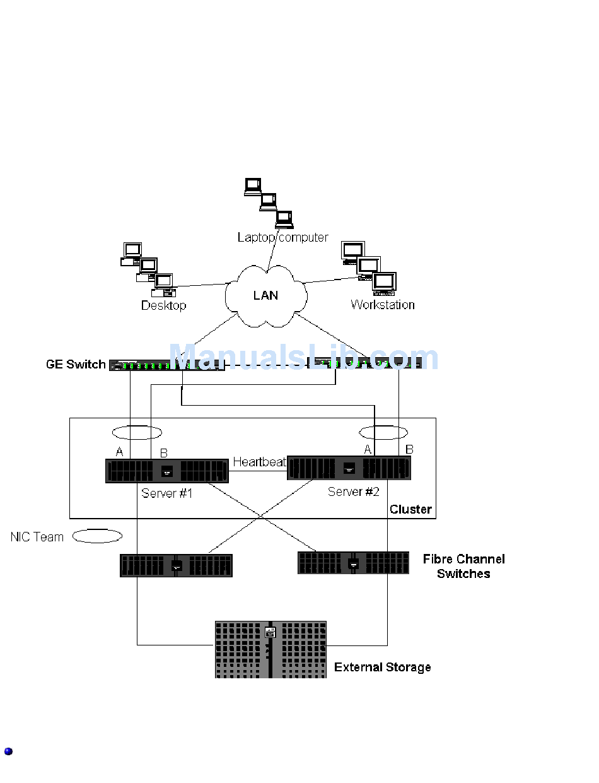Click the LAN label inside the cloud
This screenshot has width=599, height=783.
click(x=265, y=295)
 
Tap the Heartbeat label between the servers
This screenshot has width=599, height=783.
click(x=259, y=462)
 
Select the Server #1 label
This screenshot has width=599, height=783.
click(x=166, y=493)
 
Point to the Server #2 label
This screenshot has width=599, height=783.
click(x=353, y=492)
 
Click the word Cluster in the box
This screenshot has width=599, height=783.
click(x=410, y=509)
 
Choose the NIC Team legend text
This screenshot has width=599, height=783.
click(x=37, y=537)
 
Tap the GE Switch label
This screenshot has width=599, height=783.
click(x=76, y=364)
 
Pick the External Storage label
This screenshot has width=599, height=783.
click(x=382, y=668)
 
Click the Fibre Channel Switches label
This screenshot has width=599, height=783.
click(x=463, y=566)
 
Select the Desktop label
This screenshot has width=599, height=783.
click(x=163, y=305)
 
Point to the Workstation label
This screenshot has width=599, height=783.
click(x=382, y=305)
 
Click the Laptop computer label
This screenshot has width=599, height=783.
click(x=282, y=237)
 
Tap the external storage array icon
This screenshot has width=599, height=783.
click(x=270, y=649)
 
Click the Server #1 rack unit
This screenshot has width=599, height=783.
click(x=166, y=471)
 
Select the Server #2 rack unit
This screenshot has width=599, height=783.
click(x=349, y=468)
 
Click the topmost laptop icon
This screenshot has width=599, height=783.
click(x=253, y=187)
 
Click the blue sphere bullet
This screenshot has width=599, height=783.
click(x=8, y=751)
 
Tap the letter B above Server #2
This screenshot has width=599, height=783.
click(x=409, y=449)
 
